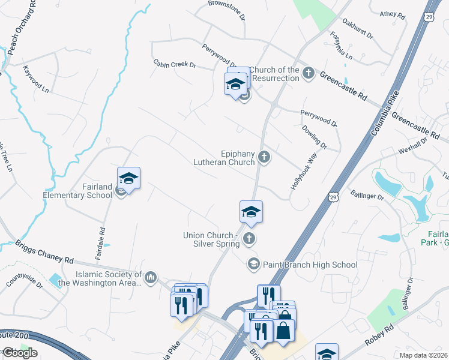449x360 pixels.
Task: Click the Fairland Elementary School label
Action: (77, 191)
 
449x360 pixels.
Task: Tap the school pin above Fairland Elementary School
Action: (128, 178)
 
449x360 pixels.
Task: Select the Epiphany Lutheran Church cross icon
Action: (264, 158)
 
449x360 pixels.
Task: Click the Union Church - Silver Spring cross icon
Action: (249, 239)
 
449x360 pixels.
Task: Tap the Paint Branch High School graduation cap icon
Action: (253, 264)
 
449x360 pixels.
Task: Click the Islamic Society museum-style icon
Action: (150, 277)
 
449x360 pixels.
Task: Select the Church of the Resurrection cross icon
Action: (309, 74)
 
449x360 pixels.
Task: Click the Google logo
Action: (20, 353)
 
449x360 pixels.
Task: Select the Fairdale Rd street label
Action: (101, 243)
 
